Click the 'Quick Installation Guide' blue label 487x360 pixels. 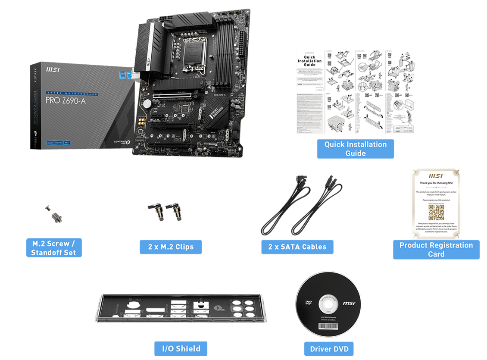(x=355, y=149)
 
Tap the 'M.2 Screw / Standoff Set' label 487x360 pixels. (x=53, y=248)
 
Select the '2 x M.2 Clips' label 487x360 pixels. (x=171, y=247)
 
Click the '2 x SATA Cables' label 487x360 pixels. (x=297, y=247)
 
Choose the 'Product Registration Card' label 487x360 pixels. (x=436, y=249)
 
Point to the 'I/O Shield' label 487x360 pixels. (x=181, y=348)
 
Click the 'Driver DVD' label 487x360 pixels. (x=329, y=348)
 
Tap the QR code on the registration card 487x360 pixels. (x=436, y=212)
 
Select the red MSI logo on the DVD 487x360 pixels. (x=348, y=304)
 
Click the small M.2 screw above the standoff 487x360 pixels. (x=47, y=209)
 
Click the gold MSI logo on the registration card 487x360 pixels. (x=436, y=176)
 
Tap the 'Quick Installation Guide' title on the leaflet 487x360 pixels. (x=309, y=61)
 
